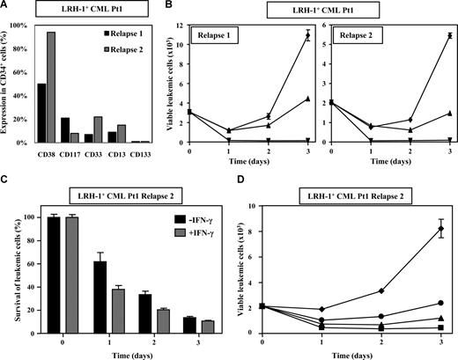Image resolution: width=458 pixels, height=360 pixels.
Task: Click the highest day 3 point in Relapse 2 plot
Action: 450,36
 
